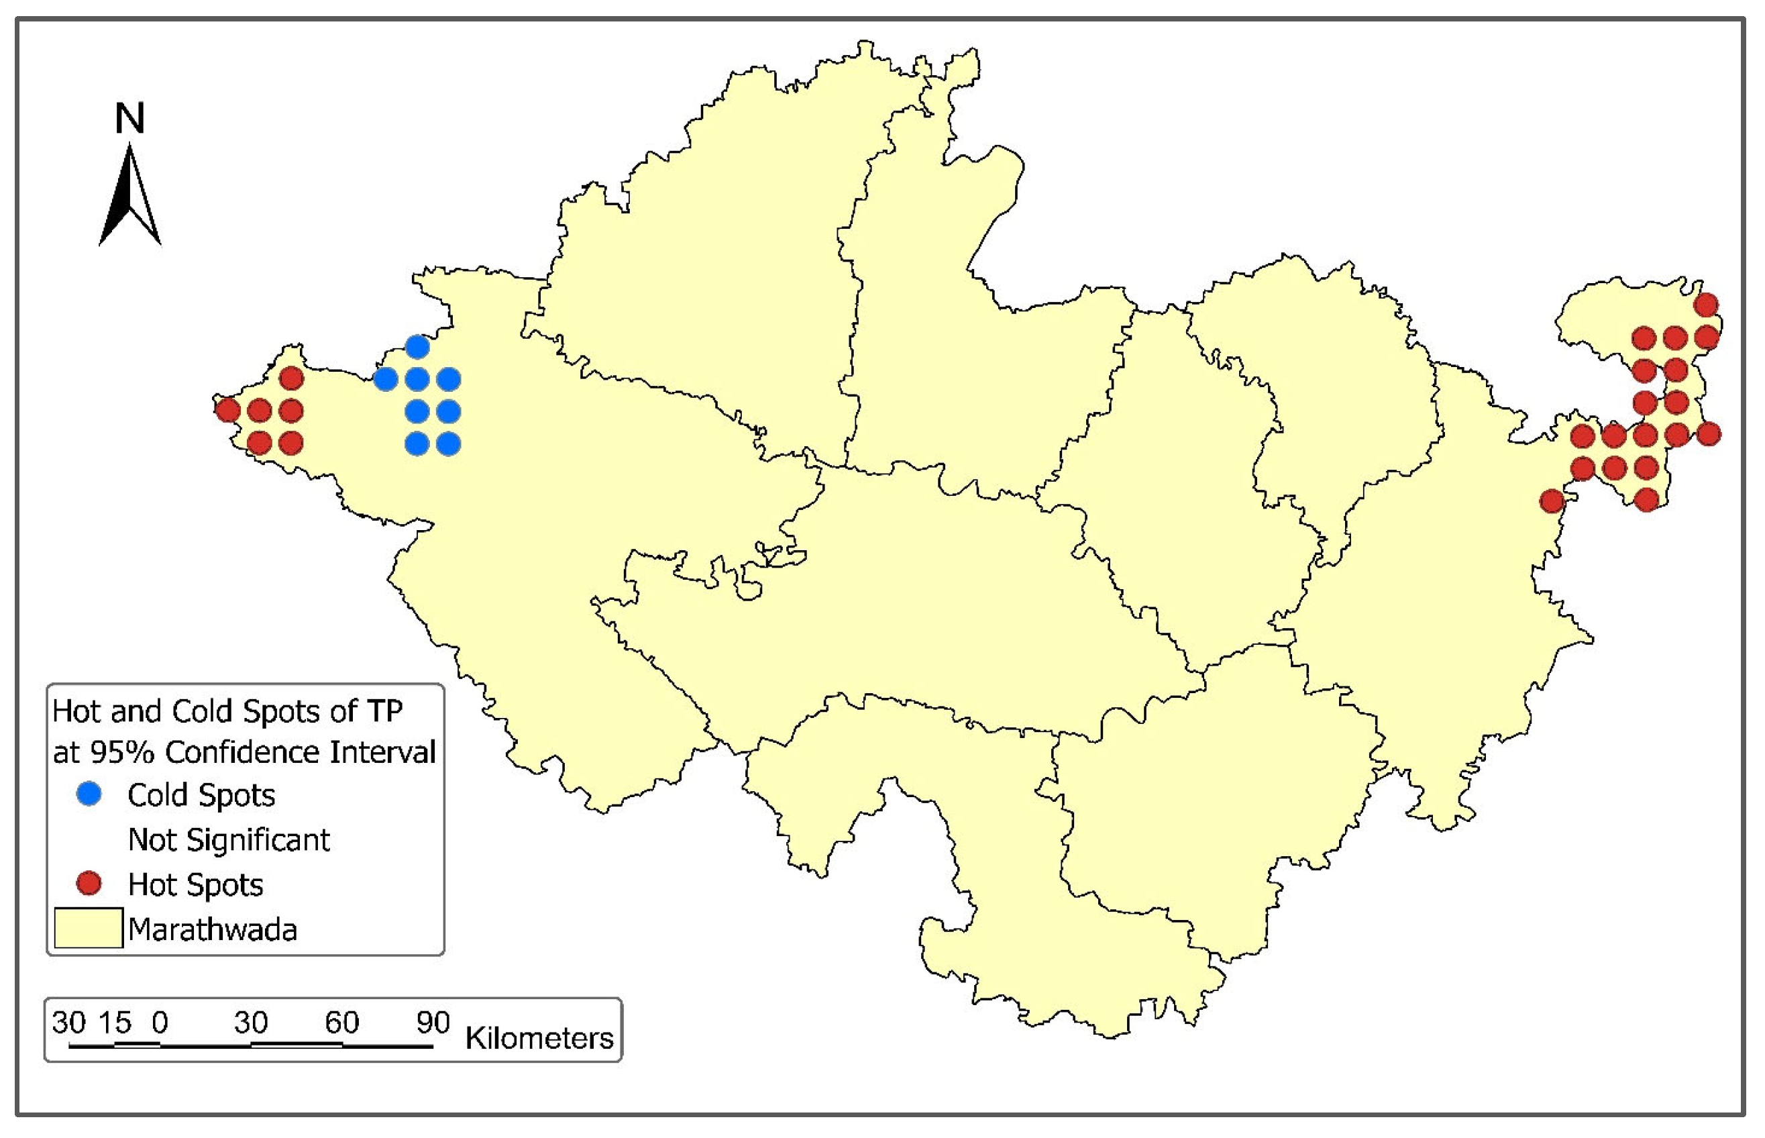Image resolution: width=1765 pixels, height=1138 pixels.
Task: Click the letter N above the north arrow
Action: point(130,118)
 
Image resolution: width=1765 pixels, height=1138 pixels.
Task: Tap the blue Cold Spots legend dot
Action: point(89,794)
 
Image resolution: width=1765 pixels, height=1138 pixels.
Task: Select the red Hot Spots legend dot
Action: point(89,883)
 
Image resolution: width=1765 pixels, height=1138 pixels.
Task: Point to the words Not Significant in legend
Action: point(228,839)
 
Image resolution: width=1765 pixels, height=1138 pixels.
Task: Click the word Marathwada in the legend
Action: point(212,929)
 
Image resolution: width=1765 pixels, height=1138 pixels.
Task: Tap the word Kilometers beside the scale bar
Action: point(539,1038)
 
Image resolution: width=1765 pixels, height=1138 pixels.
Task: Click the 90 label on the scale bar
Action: point(432,1023)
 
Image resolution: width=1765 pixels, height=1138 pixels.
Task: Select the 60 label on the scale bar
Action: point(341,1023)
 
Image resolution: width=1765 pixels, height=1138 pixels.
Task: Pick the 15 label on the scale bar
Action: point(115,1023)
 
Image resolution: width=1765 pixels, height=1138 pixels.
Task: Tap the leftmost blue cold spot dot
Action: point(386,379)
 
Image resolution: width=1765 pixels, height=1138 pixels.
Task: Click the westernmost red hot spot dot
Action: point(227,409)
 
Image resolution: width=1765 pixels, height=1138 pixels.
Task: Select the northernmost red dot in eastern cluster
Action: point(1706,305)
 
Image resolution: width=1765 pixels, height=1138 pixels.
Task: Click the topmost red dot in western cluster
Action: point(291,378)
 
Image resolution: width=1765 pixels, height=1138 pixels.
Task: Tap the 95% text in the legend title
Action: point(123,752)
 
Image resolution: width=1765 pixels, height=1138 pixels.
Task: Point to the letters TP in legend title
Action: point(384,711)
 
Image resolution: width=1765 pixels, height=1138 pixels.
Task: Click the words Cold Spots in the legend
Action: point(201,795)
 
